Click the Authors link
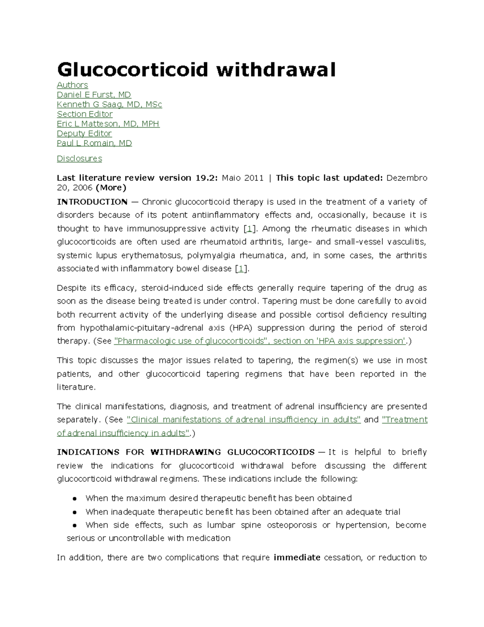coord(72,85)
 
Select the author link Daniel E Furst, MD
coord(94,94)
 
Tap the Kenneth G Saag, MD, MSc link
coord(109,104)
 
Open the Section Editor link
coord(85,114)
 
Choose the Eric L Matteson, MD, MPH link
coord(108,124)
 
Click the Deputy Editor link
coord(84,133)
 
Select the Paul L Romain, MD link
coord(94,143)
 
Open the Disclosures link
coord(79,158)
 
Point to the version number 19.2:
coord(206,178)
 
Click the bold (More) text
coord(111,187)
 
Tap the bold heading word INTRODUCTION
coord(92,201)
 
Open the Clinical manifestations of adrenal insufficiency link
coord(244,419)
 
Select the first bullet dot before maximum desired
coord(75,498)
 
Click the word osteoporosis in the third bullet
coord(292,525)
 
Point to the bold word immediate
coord(297,558)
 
